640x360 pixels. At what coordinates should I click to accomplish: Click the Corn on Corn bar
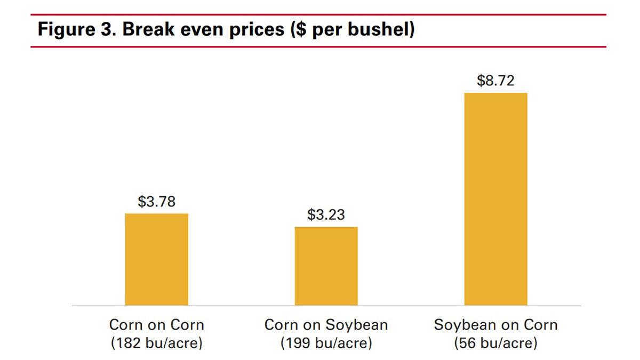click(156, 259)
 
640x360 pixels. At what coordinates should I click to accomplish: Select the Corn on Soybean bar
click(326, 266)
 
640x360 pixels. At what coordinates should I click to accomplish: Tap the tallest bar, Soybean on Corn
click(495, 199)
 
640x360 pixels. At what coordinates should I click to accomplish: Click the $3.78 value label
click(156, 202)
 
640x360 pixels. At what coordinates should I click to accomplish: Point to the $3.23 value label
click(326, 215)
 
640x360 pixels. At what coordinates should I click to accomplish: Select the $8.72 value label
click(495, 81)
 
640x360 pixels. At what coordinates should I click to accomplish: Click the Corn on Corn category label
click(156, 325)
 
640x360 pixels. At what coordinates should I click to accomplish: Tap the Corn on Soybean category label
click(326, 325)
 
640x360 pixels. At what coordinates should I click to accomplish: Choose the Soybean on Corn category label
click(495, 325)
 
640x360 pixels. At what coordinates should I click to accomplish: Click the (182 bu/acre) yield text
click(156, 343)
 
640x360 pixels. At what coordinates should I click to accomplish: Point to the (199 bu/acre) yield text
click(326, 343)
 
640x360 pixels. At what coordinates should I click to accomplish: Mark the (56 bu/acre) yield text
click(495, 343)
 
